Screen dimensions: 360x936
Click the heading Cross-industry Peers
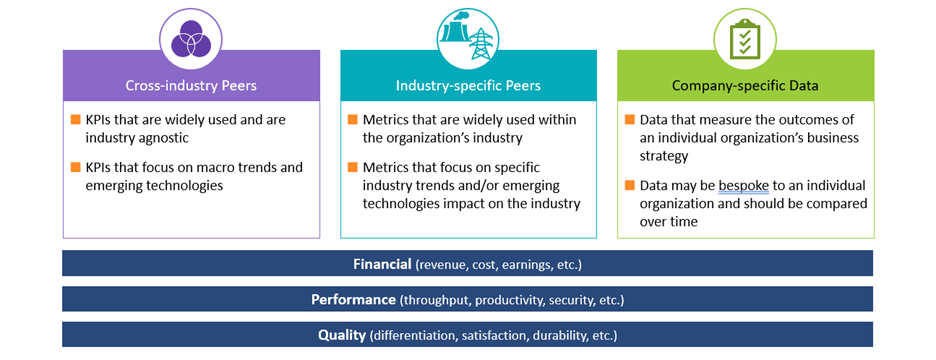[x=191, y=85]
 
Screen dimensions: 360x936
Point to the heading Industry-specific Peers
[x=468, y=85]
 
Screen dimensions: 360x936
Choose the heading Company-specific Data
[x=745, y=85]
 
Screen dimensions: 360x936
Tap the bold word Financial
[x=382, y=264]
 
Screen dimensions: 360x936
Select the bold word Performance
[x=353, y=300]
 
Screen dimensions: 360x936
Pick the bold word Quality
[x=342, y=335]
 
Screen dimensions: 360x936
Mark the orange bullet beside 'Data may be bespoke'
[x=630, y=186]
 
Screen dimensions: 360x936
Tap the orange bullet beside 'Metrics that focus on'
[x=353, y=168]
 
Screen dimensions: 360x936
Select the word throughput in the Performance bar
[x=435, y=300]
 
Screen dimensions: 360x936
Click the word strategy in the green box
[x=666, y=155]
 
